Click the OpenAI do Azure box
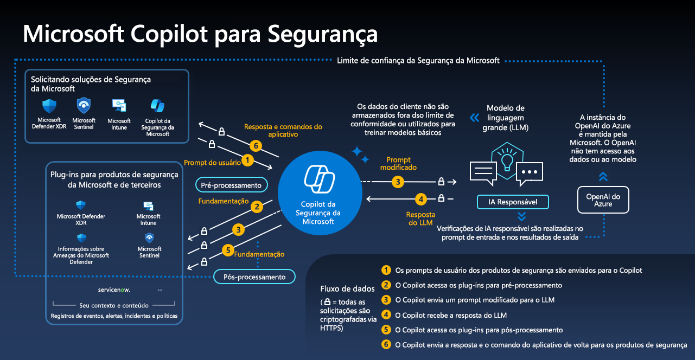tap(603, 200)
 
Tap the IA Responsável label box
tap(513, 202)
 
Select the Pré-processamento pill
tap(231, 185)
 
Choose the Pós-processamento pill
tap(254, 277)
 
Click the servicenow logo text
tap(114, 290)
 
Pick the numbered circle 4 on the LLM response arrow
tap(420, 199)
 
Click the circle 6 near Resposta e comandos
tap(254, 146)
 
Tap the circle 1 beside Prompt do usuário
tap(247, 160)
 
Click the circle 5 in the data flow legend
tap(386, 330)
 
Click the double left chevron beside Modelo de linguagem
tap(474, 117)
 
